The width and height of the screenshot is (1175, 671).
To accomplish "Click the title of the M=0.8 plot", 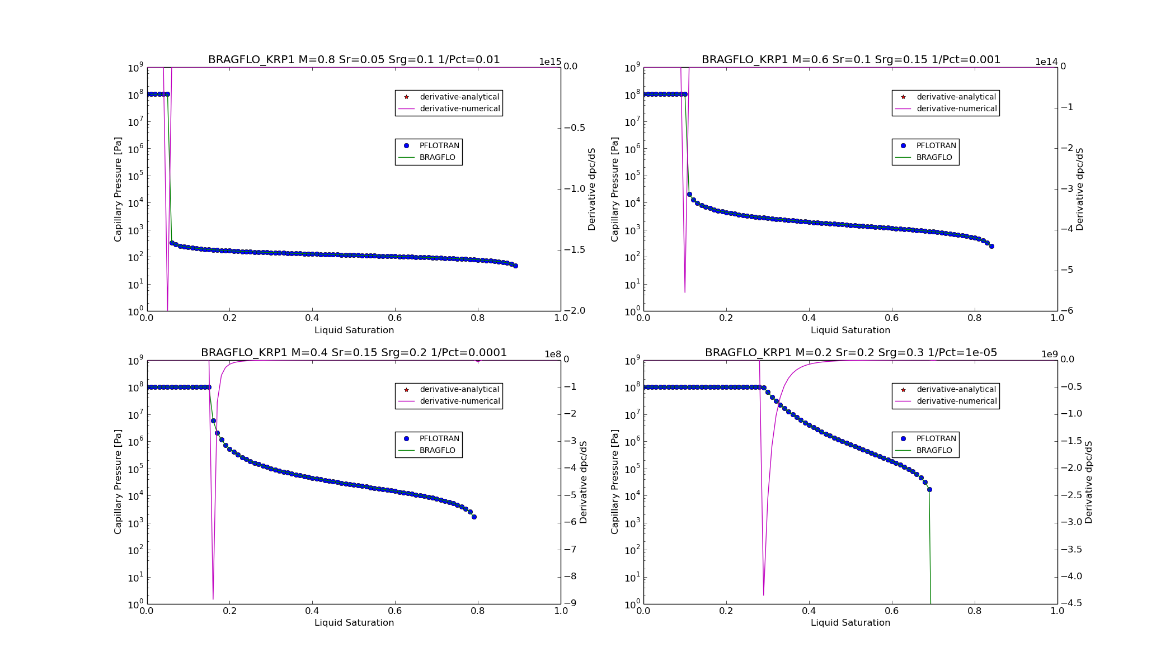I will (x=354, y=60).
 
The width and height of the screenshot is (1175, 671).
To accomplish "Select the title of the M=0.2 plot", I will (x=850, y=353).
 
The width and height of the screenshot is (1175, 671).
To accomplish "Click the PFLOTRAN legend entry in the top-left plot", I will (x=439, y=146).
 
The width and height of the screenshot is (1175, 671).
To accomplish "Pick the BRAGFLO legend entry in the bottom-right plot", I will (x=934, y=451).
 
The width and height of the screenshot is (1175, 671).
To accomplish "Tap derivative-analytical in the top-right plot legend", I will (x=956, y=97).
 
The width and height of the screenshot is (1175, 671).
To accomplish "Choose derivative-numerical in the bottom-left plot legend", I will (x=459, y=401).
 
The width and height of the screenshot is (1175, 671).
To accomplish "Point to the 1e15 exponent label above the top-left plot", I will (x=549, y=62).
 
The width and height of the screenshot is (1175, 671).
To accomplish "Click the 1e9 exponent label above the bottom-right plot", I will (x=1049, y=355).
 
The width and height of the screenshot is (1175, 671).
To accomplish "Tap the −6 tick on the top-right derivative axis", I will (x=1063, y=311).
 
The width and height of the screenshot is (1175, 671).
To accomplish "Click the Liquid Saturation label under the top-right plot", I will (x=850, y=330).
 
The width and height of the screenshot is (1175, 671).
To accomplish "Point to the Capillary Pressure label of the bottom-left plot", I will (x=118, y=481).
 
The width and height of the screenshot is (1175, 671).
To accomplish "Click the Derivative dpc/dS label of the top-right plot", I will (x=1079, y=189).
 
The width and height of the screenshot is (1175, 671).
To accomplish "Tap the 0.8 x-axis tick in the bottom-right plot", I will (x=974, y=611).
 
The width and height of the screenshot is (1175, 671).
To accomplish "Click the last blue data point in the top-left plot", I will (x=515, y=266).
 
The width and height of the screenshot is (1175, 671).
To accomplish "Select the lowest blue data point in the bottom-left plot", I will (x=474, y=517).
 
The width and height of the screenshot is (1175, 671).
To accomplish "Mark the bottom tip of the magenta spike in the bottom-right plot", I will (x=763, y=596).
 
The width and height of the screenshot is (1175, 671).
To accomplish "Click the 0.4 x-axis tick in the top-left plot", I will (x=312, y=318).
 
